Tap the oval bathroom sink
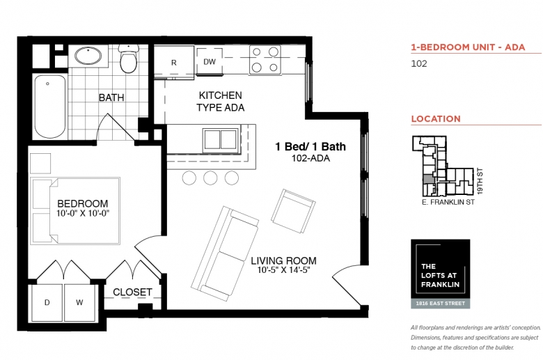click(x=88, y=56)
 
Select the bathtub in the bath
click(x=50, y=107)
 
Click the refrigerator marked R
click(x=174, y=62)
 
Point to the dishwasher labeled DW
click(x=210, y=61)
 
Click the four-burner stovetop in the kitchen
click(x=265, y=59)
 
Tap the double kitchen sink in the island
click(x=221, y=139)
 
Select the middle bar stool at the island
click(x=210, y=178)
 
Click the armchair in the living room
click(x=293, y=211)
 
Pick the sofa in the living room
click(x=224, y=253)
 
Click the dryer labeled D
click(x=47, y=302)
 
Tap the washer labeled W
click(x=79, y=302)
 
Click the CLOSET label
click(x=133, y=292)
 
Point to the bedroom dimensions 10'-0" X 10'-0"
click(x=83, y=213)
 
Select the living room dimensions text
click(x=283, y=269)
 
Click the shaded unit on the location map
click(x=428, y=179)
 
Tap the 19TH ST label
click(x=480, y=181)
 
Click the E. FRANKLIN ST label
click(x=448, y=202)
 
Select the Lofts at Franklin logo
click(x=441, y=274)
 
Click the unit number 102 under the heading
click(x=419, y=64)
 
